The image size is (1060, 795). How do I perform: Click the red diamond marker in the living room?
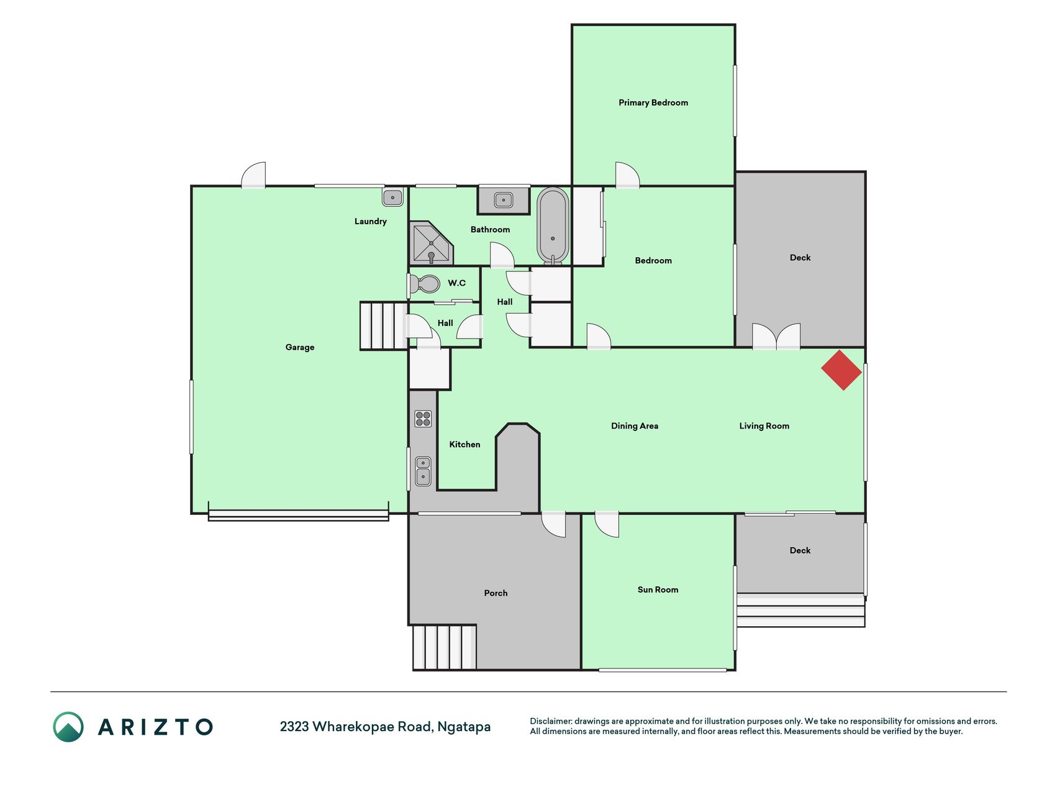[x=841, y=370]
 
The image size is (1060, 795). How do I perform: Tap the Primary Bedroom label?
[x=653, y=102]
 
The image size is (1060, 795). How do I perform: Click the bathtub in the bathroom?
[x=553, y=226]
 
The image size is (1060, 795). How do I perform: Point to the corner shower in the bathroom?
[x=431, y=243]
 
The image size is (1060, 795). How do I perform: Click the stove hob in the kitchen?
[x=423, y=419]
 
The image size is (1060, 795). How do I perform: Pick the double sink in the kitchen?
[x=423, y=471]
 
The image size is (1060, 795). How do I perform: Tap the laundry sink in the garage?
[x=392, y=198]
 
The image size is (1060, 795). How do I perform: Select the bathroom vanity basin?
[x=504, y=200]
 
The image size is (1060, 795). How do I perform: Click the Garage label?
[x=300, y=347]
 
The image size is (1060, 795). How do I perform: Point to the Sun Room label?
[x=658, y=589]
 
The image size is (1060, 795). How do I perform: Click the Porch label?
[x=496, y=593]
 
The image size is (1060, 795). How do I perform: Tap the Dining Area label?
[x=635, y=425]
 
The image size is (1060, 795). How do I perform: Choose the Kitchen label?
[x=464, y=444]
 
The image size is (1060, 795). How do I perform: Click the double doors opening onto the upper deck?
[x=776, y=337]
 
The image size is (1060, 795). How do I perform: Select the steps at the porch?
[x=445, y=647]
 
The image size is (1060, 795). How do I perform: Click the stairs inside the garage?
[x=384, y=326]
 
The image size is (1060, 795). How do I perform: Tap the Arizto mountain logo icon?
[x=68, y=727]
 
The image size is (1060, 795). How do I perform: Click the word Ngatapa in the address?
[x=464, y=727]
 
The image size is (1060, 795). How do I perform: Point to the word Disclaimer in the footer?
[x=551, y=721]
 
